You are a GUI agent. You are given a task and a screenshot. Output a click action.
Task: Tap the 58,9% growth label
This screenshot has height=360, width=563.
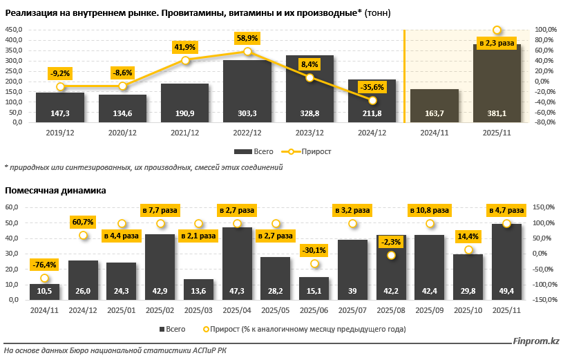(247, 39)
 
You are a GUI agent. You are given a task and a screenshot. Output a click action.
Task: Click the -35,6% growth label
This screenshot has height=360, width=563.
(372, 87)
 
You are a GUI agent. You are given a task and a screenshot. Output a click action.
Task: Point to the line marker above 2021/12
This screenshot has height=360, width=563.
(185, 61)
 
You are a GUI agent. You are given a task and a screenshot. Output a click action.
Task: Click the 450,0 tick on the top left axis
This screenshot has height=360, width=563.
(14, 30)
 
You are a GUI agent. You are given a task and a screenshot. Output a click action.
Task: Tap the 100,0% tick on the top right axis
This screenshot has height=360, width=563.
(546, 30)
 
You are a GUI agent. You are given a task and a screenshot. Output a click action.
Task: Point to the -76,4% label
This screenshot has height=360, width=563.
(44, 265)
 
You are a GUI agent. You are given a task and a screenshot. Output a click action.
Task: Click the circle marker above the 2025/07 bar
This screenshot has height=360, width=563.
(353, 223)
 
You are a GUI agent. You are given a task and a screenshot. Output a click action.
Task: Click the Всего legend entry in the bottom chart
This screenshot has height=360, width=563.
(175, 328)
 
